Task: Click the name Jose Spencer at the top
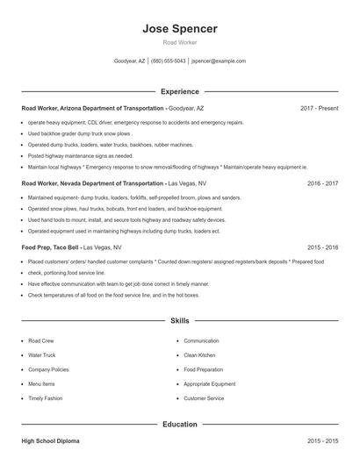tap(179, 29)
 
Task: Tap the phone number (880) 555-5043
tap(169, 61)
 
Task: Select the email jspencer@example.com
tap(219, 61)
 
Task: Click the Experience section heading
tap(179, 91)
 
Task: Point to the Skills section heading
tap(179, 321)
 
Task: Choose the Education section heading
tap(179, 424)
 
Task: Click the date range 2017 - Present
tap(319, 108)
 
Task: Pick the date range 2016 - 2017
tap(322, 184)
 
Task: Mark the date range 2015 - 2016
tap(322, 248)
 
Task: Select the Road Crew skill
tap(40, 340)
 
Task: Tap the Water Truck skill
tap(41, 355)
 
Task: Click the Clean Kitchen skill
tap(199, 355)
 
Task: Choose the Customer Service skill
tap(204, 398)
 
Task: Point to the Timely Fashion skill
tap(45, 398)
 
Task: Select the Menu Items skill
tap(41, 383)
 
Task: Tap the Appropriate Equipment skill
tap(209, 383)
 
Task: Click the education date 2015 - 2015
tap(322, 440)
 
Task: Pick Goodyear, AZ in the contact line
tap(129, 61)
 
